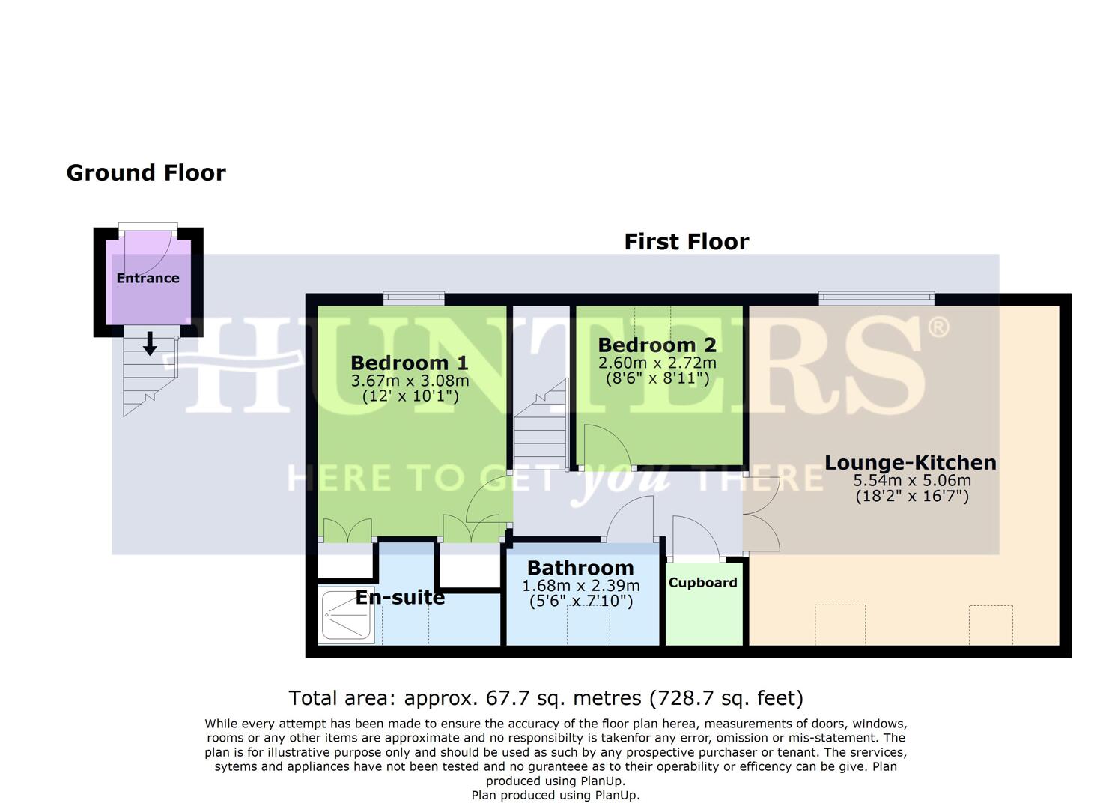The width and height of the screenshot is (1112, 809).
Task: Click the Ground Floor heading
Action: (146, 173)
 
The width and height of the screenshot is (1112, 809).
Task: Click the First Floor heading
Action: (686, 242)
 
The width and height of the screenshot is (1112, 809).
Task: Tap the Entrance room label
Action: (148, 278)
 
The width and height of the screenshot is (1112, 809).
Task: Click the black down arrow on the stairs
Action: (150, 344)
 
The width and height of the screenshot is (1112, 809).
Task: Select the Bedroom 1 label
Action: (409, 363)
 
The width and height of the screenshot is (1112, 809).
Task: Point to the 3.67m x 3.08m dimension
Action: (410, 381)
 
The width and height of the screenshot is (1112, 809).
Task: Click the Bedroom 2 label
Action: (657, 345)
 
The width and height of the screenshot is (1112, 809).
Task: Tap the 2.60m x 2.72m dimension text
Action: (657, 363)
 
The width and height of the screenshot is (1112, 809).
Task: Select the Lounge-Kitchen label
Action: (911, 463)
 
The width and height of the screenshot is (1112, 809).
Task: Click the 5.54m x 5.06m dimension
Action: (911, 481)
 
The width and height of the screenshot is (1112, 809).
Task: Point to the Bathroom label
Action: (580, 568)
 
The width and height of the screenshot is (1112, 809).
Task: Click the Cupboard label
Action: (702, 583)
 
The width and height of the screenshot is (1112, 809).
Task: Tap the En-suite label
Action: (400, 598)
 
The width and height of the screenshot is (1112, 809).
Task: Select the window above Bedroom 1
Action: (413, 299)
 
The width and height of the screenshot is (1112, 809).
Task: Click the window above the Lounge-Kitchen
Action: (876, 299)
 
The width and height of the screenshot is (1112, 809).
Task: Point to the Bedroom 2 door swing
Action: (605, 447)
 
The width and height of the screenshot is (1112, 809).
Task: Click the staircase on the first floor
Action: (541, 434)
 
